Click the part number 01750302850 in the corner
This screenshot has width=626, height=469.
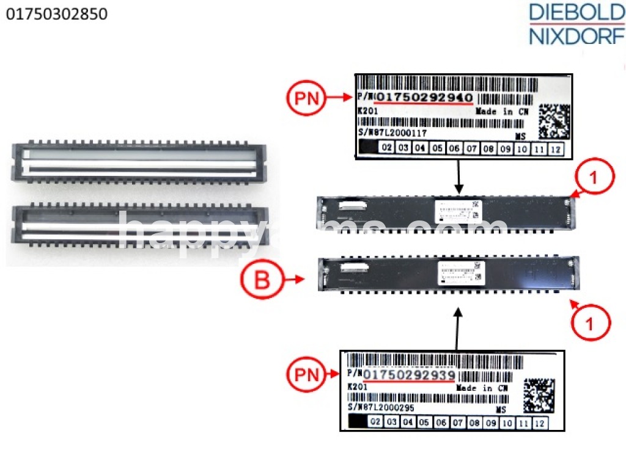56,14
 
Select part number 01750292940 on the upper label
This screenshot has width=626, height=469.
424,98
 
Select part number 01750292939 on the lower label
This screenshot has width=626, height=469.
410,374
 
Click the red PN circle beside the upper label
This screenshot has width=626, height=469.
309,98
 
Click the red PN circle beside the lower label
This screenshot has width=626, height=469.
309,374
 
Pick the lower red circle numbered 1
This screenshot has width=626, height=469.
590,323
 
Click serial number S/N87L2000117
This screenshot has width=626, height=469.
391,133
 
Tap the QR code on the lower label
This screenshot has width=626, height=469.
539,395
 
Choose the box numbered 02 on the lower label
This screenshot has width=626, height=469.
375,422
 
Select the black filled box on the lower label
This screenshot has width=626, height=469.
356,422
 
